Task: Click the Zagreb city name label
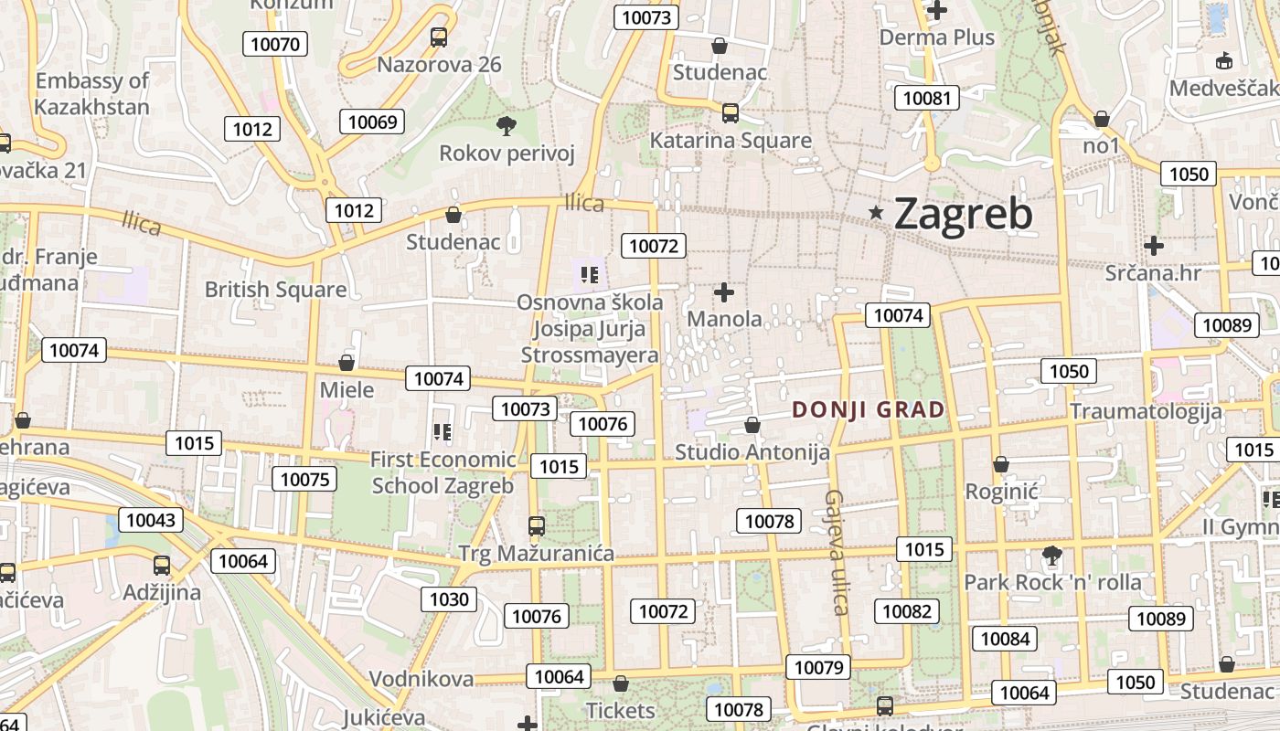[963, 214]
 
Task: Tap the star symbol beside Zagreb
[876, 213]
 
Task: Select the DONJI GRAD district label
[868, 409]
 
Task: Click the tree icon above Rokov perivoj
[506, 126]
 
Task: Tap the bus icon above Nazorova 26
[439, 37]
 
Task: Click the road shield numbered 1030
[449, 599]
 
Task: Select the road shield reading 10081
[926, 99]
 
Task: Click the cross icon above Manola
[724, 292]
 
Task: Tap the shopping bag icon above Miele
[347, 363]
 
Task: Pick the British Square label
[275, 290]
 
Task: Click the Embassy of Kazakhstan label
[91, 93]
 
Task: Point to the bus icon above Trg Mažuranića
[536, 526]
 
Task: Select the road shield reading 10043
[150, 520]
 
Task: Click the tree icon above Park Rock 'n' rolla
[1051, 555]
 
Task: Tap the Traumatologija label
[1146, 410]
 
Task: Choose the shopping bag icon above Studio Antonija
[752, 425]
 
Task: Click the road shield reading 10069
[372, 122]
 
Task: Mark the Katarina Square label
[731, 141]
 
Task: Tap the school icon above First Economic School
[443, 431]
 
